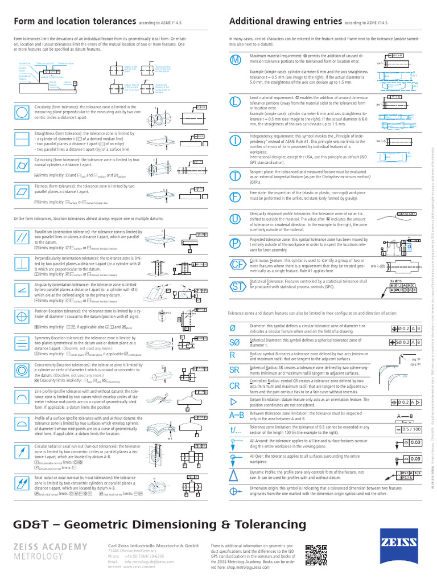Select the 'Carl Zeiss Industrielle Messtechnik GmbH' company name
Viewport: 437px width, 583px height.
click(153, 545)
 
